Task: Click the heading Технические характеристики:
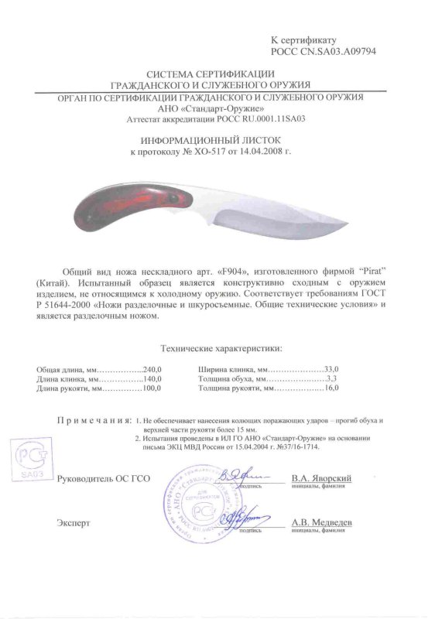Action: point(221,350)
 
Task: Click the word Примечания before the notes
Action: point(91,419)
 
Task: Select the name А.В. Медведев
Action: point(323,523)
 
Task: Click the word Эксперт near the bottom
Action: point(74,523)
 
